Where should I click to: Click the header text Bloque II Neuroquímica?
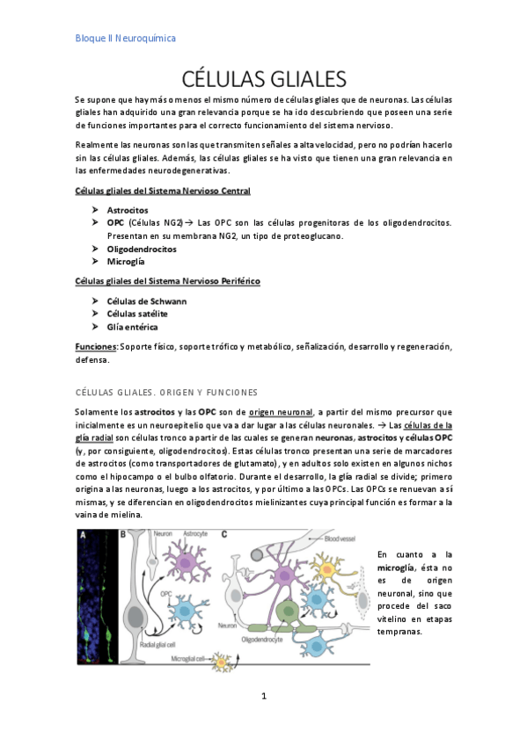(125, 39)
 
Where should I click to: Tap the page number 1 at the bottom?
(263, 696)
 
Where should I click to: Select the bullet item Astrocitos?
(128, 211)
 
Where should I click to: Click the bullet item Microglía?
(127, 261)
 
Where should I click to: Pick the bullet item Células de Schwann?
(146, 301)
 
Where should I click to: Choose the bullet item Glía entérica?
(132, 327)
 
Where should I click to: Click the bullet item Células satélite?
(137, 314)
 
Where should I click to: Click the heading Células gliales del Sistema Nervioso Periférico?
(167, 281)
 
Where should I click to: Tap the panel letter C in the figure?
(225, 533)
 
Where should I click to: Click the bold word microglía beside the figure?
(396, 569)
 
